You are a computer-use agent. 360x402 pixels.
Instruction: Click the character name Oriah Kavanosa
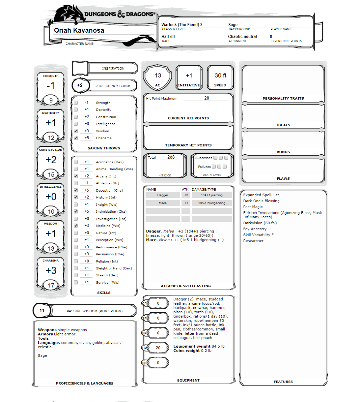coord(79,30)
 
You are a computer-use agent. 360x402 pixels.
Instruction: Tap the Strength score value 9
coord(51,100)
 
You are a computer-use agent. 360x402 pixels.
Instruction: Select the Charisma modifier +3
coord(51,270)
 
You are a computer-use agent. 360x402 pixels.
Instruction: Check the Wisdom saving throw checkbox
coord(76,131)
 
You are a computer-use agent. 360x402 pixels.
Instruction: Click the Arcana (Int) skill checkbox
coord(76,176)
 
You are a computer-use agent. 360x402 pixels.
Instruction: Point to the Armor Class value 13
coord(158,76)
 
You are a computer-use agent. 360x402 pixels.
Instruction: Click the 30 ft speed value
coord(220,76)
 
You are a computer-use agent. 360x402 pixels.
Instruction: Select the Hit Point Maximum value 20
coord(207,98)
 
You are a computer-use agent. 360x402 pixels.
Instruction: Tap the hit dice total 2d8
coord(171,157)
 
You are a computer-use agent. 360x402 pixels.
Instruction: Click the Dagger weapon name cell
coord(163,195)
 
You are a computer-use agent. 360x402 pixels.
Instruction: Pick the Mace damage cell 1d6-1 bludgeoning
coord(212,203)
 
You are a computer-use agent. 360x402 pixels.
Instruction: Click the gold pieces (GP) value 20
coord(158,348)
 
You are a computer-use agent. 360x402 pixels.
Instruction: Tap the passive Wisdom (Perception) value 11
coord(42,311)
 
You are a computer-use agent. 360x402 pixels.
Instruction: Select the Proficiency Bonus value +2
coord(80,85)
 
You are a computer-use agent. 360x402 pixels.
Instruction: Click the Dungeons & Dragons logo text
coord(120,14)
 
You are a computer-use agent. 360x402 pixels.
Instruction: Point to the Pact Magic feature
coord(253,207)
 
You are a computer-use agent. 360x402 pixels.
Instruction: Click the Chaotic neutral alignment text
coord(242,37)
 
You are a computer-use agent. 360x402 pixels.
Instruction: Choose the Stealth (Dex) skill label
coord(107,275)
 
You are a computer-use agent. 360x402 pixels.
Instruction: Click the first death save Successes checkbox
coord(215,158)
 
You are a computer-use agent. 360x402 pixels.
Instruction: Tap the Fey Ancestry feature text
coord(255,229)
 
